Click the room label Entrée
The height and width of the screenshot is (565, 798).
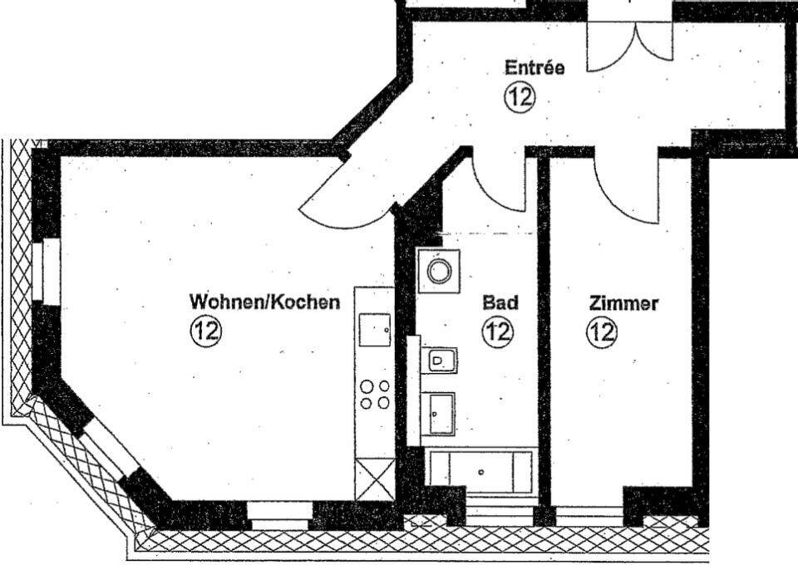coord(534,67)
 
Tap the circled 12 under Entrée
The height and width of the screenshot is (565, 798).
coord(520,96)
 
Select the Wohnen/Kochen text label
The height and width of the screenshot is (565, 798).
coord(264,301)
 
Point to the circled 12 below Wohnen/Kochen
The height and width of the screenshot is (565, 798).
coord(205,332)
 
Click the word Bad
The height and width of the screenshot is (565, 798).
coord(500,302)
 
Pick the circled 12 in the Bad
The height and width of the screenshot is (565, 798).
coord(498,332)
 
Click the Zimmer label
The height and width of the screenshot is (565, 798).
coord(623,303)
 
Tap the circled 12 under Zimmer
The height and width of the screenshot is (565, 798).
coord(603,332)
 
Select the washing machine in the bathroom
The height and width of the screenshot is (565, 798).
coord(438,270)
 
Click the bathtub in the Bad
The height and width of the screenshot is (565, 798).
coord(480,470)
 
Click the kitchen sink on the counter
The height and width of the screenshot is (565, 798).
coord(376,329)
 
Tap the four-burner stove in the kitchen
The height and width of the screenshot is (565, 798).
coord(375,394)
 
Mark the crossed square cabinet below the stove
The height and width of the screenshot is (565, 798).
coord(373,479)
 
